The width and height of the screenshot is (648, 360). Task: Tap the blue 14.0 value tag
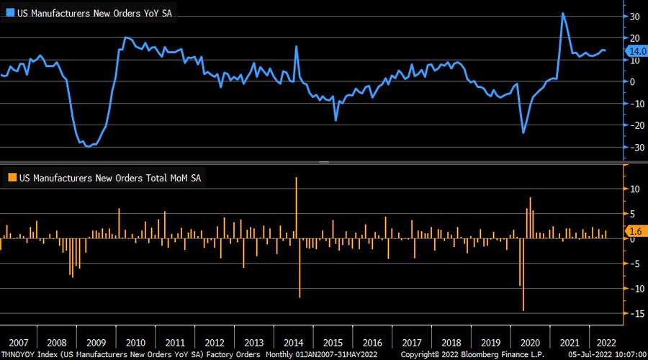point(638,51)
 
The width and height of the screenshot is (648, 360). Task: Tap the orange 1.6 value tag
point(636,231)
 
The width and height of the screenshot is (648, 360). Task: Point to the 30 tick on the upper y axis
point(636,16)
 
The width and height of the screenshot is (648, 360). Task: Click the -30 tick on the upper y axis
point(634,148)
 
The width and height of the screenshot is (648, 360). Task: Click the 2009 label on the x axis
point(97,343)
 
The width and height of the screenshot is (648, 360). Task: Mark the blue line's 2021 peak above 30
point(562,14)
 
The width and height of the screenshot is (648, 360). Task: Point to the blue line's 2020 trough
point(523,132)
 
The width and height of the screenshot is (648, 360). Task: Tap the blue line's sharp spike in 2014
point(296,47)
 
